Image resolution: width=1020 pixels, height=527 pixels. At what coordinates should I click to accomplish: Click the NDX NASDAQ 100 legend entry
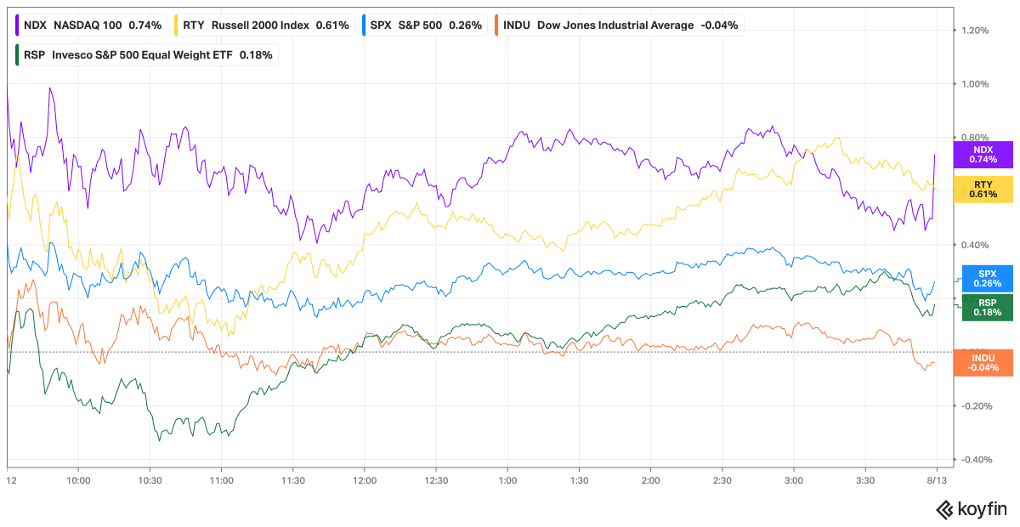click(x=91, y=25)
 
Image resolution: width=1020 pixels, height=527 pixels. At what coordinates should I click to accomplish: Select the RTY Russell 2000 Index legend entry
click(x=265, y=25)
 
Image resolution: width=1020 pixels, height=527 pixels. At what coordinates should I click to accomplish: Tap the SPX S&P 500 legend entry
click(x=425, y=25)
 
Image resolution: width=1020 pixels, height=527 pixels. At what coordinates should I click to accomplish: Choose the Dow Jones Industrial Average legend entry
click(x=620, y=25)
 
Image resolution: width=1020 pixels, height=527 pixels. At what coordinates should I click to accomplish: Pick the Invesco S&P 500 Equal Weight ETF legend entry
click(x=146, y=55)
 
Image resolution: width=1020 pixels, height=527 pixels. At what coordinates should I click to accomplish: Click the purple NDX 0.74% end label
click(x=983, y=155)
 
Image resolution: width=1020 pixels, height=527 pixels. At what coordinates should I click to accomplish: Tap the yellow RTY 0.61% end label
click(x=983, y=190)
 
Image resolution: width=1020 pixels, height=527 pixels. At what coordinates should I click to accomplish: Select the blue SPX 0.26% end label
click(x=987, y=279)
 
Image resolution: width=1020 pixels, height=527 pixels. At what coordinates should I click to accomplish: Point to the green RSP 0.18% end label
click(x=987, y=308)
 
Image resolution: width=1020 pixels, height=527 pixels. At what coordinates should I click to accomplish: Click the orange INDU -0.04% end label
click(x=983, y=363)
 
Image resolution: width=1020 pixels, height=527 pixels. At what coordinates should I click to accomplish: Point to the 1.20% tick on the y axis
click(x=975, y=31)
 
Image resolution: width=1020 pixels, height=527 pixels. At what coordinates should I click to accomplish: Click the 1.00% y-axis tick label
click(x=975, y=84)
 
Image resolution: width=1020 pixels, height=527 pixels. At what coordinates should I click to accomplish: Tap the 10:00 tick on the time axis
click(x=78, y=480)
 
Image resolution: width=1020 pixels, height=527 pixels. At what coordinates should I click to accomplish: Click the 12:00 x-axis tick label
click(x=365, y=480)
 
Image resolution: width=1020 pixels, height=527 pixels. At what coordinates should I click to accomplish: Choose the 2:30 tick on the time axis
click(x=722, y=480)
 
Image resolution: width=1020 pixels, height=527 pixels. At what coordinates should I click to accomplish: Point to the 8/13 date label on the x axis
click(x=937, y=480)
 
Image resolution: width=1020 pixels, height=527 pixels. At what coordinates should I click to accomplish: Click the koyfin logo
click(x=971, y=510)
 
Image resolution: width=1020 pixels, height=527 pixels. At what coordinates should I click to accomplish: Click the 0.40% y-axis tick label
click(x=975, y=245)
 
